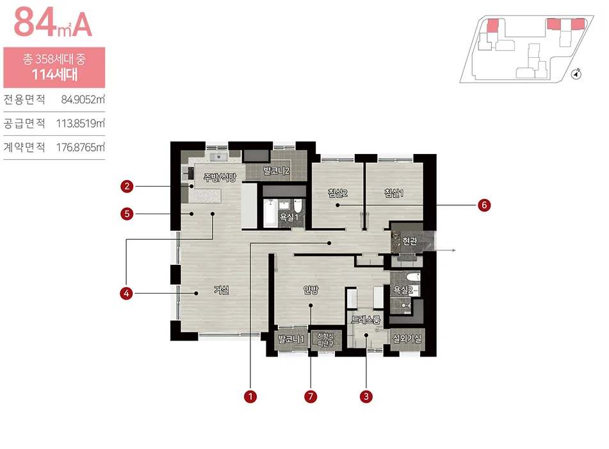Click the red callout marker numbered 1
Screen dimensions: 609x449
(x=250, y=396)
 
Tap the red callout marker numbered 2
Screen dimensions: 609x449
(x=127, y=187)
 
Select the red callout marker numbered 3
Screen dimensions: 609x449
(x=366, y=396)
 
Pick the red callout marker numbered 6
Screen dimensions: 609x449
(x=484, y=205)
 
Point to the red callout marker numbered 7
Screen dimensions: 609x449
(x=311, y=396)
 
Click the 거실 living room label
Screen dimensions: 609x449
(x=222, y=290)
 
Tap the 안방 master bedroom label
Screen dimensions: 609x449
(x=311, y=290)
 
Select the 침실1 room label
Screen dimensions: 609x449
(x=394, y=193)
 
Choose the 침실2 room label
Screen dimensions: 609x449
(x=337, y=193)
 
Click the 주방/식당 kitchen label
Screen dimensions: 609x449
(x=220, y=178)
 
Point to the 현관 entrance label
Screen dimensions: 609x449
(x=410, y=241)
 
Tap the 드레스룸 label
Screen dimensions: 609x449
(x=366, y=320)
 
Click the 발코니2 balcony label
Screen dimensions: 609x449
(x=277, y=171)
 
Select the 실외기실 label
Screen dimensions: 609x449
(x=407, y=339)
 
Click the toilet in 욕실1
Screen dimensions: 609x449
(x=298, y=205)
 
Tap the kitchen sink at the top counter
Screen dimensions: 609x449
(x=218, y=157)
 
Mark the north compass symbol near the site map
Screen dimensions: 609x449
(x=576, y=74)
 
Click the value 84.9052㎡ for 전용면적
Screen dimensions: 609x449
(x=83, y=99)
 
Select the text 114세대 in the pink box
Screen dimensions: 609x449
(x=54, y=74)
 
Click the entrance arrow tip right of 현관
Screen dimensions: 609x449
(x=455, y=250)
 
